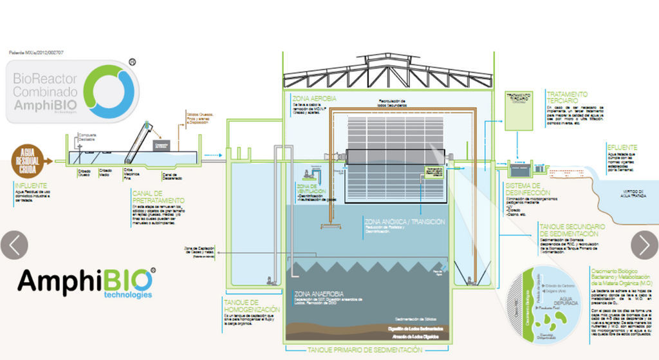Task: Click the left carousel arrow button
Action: click(14, 245)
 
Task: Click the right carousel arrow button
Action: click(644, 245)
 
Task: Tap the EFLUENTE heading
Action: click(622, 147)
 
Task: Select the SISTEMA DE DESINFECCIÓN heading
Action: click(528, 189)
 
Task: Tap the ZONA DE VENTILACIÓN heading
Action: click(311, 189)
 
